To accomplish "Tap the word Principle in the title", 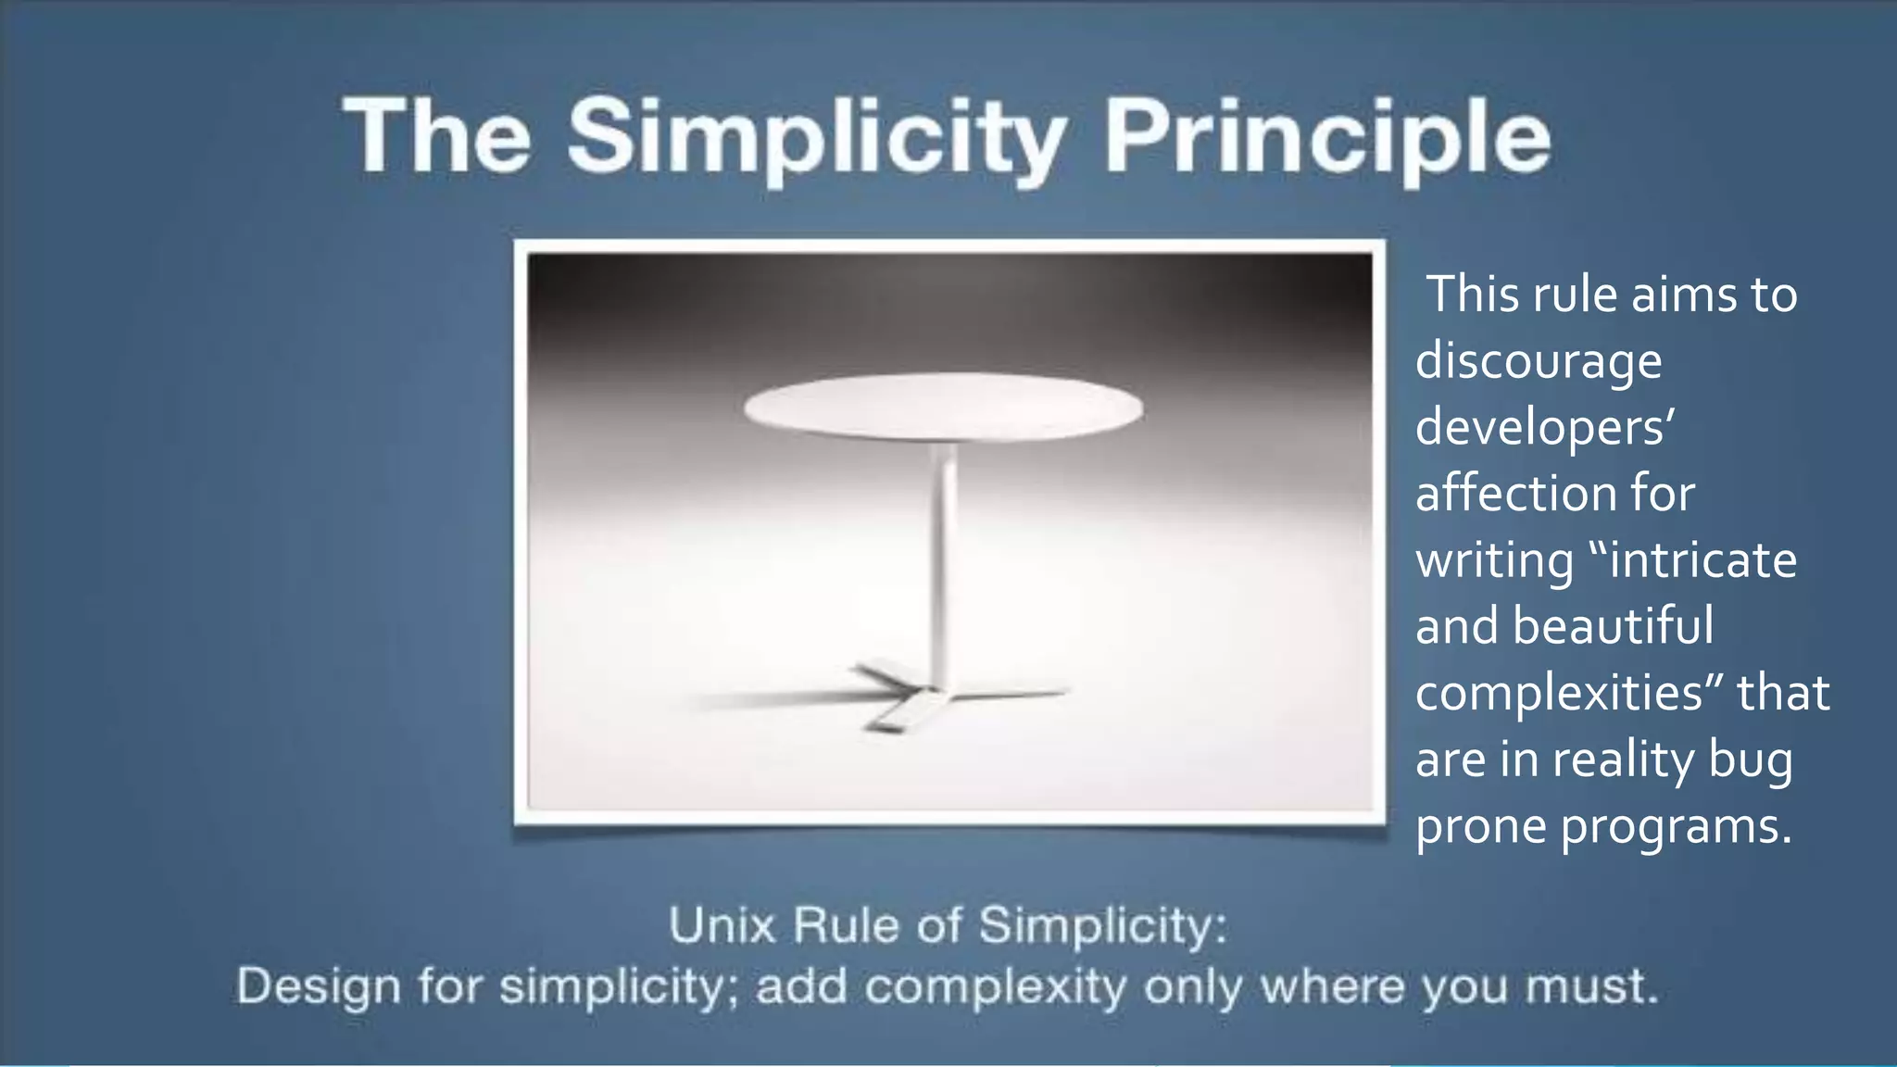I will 1326,139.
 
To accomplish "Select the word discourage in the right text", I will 1539,361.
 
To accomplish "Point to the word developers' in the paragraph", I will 1545,428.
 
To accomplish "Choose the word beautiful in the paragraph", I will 1613,626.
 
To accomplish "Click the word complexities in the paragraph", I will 1559,693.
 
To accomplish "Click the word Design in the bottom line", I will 320,987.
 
